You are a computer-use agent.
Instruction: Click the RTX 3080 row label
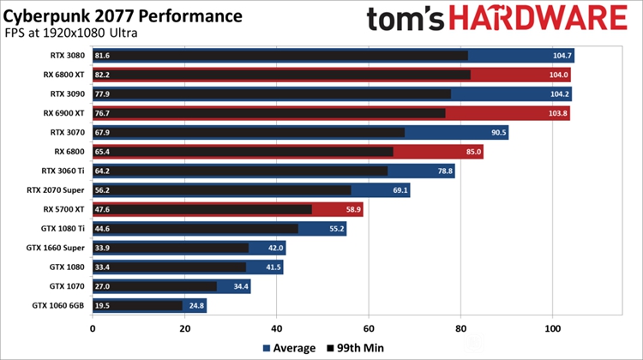tap(69, 56)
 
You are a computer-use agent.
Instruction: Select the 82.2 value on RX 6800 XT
tap(104, 75)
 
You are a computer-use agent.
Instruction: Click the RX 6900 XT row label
tap(66, 112)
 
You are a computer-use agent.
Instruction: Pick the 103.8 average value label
tap(556, 112)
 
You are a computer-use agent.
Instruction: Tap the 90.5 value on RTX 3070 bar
tap(497, 132)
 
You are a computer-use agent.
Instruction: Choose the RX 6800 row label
tap(71, 151)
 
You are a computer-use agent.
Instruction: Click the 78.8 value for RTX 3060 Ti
tap(443, 170)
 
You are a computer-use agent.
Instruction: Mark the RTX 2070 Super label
tap(57, 189)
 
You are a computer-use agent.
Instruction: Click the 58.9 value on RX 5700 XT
tap(352, 208)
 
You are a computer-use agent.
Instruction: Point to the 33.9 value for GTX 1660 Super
tap(104, 248)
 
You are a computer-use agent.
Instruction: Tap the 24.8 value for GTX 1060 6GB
tap(196, 305)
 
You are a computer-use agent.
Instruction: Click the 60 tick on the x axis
tap(369, 327)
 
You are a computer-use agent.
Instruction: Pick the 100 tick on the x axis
tap(553, 327)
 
